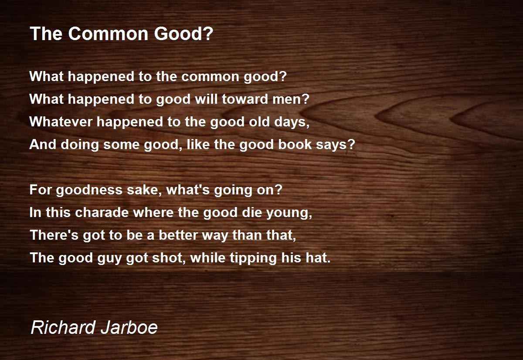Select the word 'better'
[179, 235]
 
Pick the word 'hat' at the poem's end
[319, 258]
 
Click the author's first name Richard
[61, 327]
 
